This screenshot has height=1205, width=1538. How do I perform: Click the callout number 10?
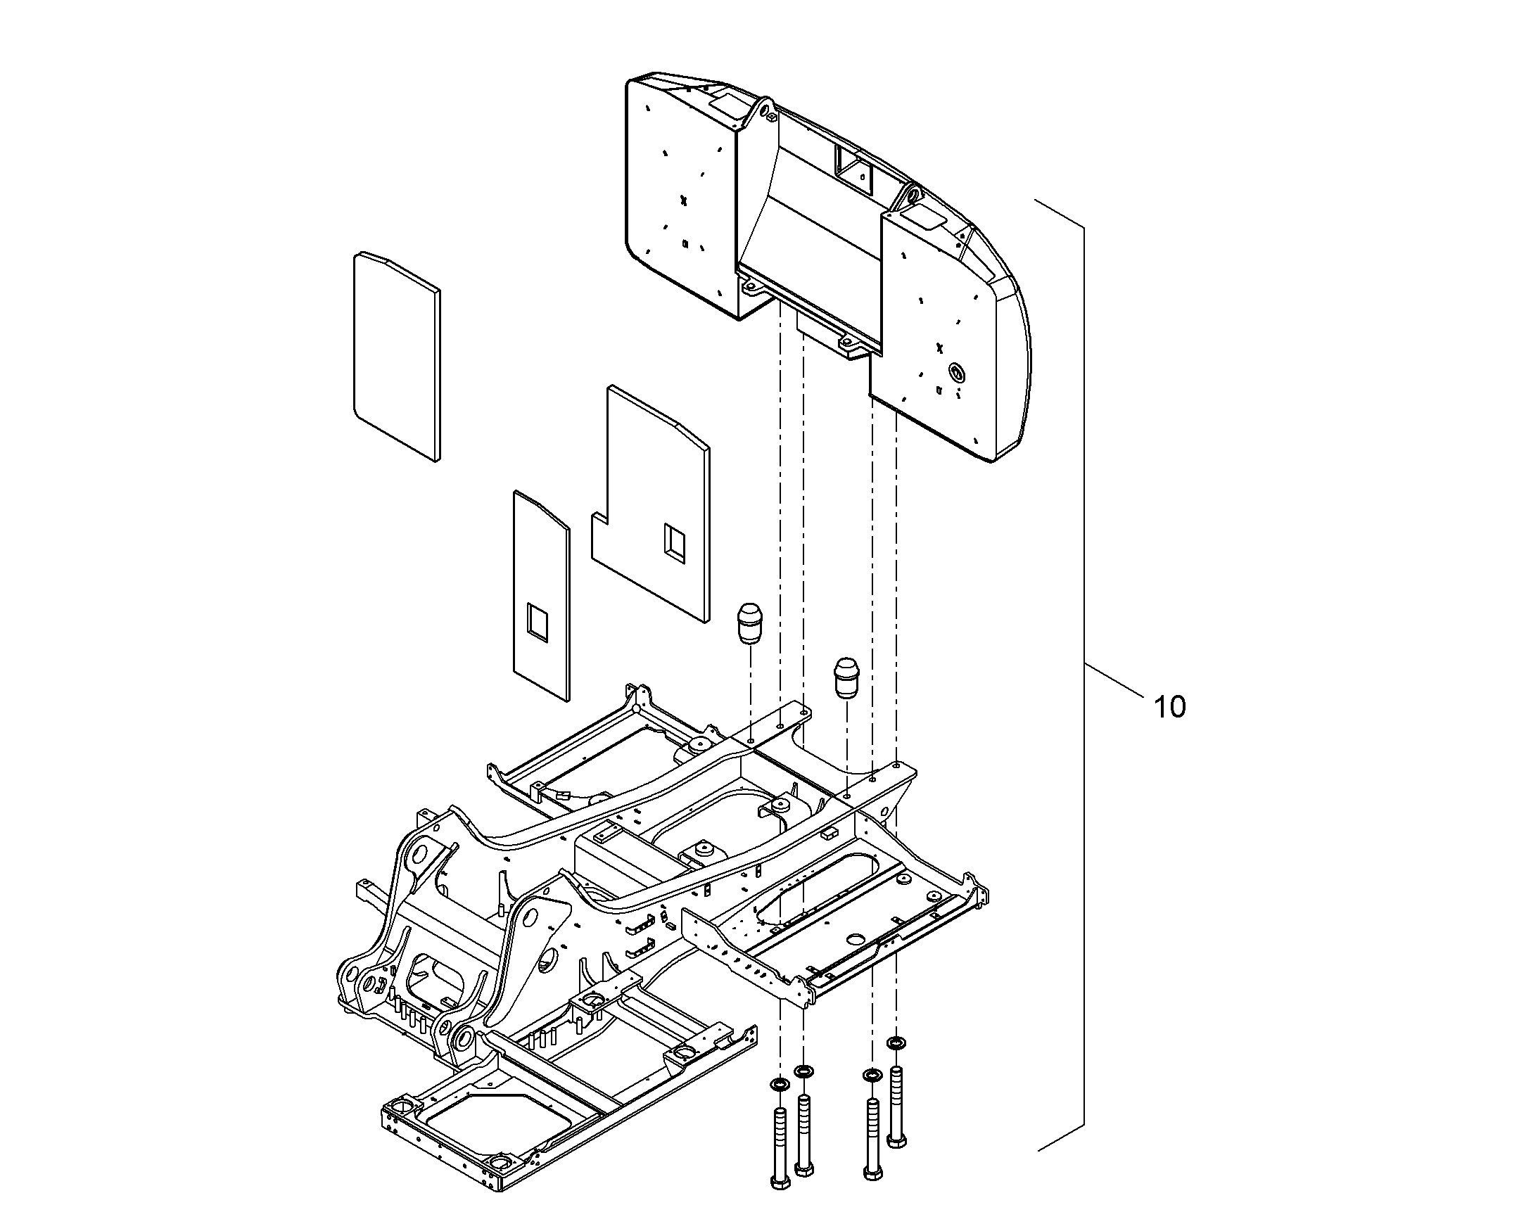point(1169,707)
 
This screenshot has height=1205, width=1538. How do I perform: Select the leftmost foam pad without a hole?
point(396,356)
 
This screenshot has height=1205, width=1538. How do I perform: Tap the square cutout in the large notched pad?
point(673,543)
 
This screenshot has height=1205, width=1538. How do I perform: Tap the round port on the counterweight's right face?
point(956,371)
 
